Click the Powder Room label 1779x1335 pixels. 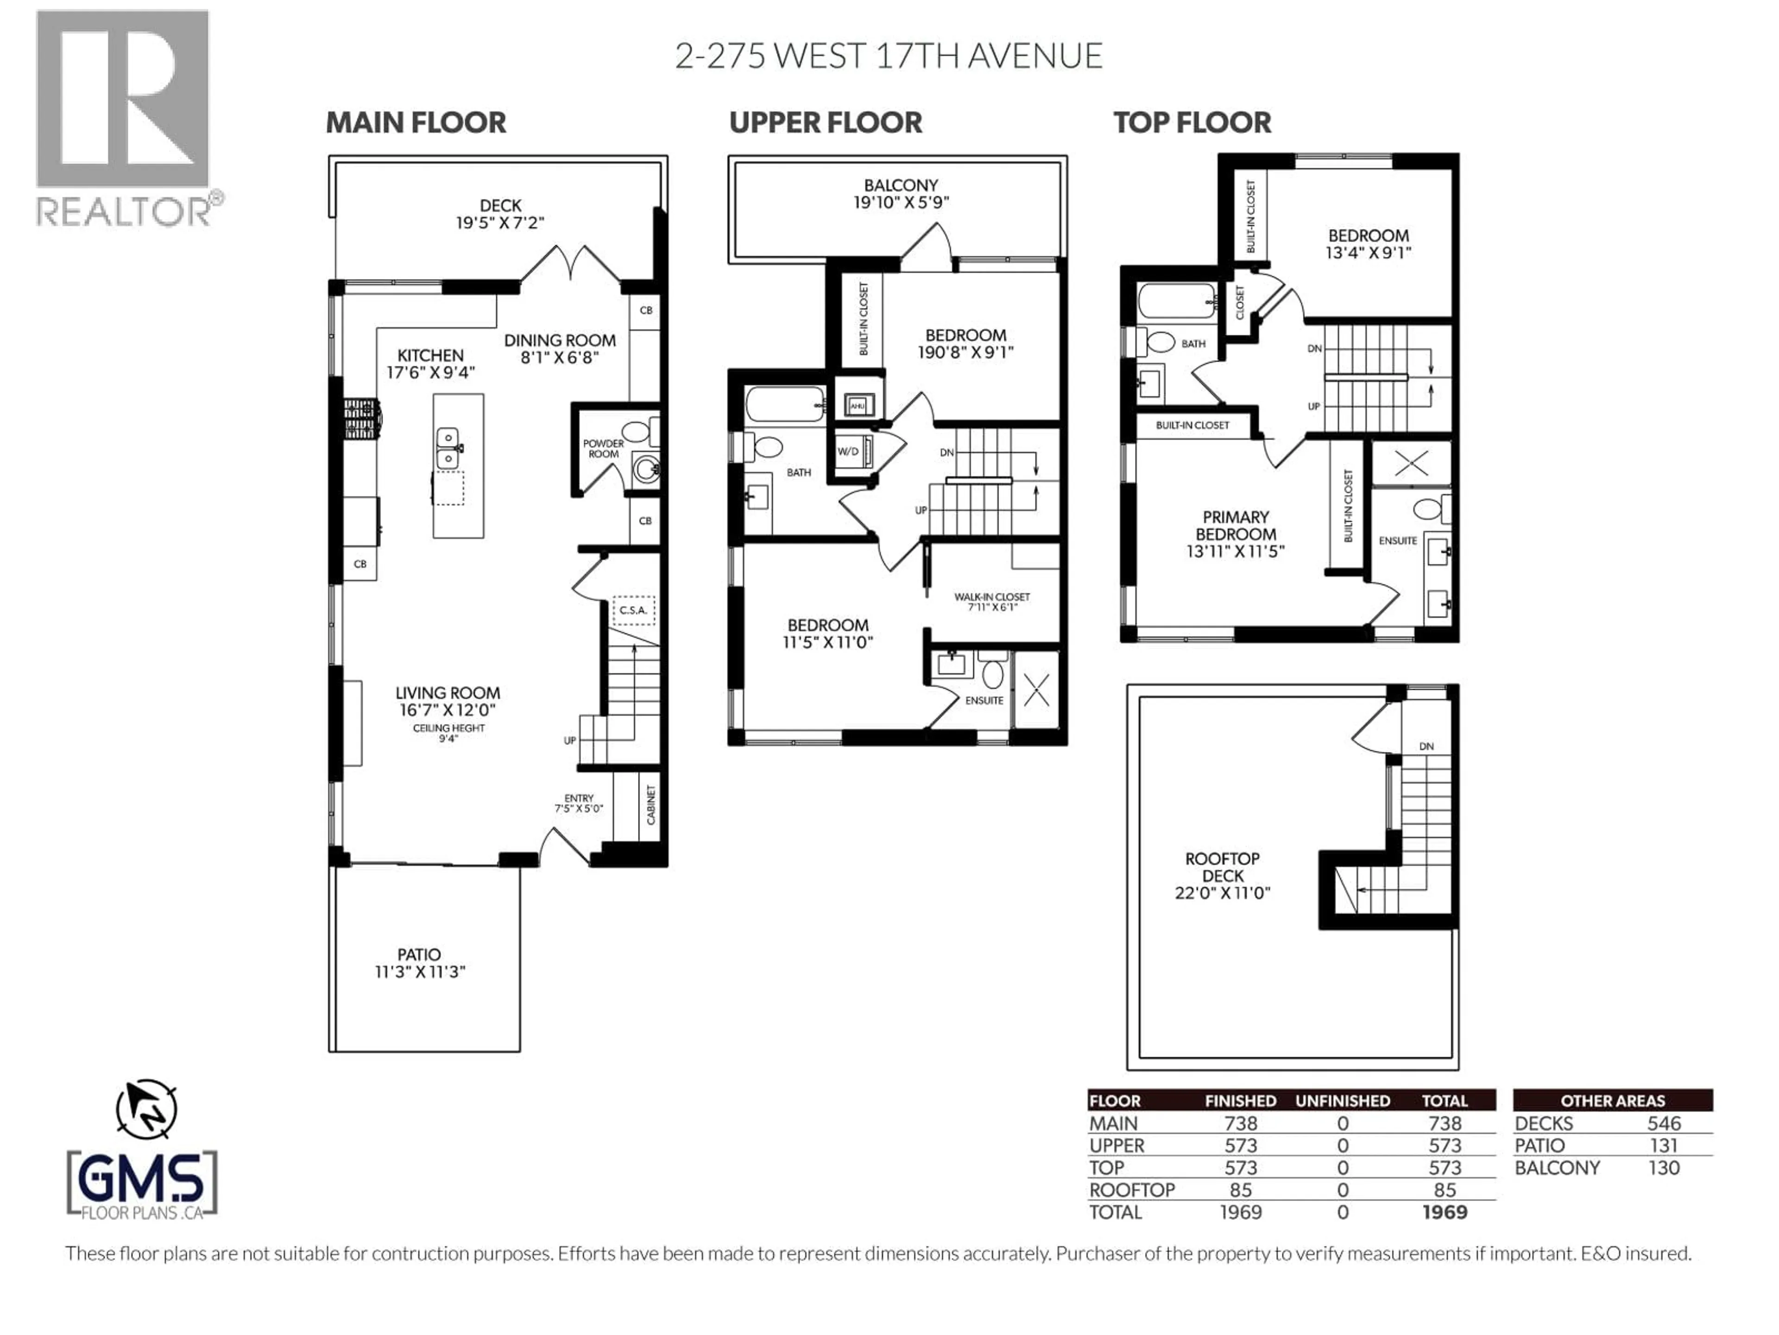point(603,448)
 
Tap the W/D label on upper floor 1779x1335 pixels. point(848,451)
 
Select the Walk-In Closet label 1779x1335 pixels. point(991,597)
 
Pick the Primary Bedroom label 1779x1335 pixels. point(1235,526)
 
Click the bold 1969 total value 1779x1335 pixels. point(1445,1212)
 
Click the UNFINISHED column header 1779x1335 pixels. point(1342,1101)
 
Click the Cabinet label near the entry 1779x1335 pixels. point(650,806)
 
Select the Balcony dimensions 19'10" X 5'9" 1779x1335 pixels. point(901,202)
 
